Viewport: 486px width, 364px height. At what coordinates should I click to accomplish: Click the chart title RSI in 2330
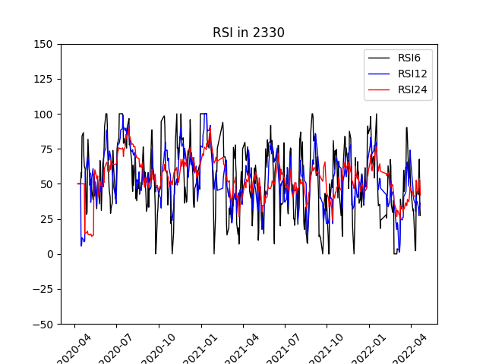(248, 33)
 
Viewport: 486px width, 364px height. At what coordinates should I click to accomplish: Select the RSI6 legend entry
(411, 57)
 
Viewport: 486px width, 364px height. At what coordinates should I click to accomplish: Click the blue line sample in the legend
(379, 74)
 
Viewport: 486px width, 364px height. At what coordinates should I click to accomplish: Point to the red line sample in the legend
(379, 89)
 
